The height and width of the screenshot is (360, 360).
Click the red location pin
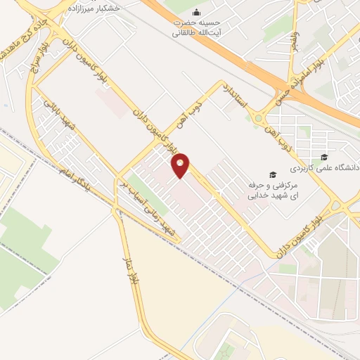181,165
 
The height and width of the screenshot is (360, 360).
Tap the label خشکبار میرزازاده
94,7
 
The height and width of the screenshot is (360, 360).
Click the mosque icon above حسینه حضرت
195,13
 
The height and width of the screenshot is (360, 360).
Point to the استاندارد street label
236,98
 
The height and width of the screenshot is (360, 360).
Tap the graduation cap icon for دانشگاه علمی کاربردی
324,157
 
